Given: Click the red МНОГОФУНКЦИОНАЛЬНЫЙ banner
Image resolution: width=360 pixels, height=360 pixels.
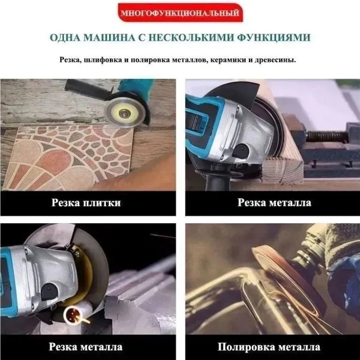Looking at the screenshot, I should tap(180, 13).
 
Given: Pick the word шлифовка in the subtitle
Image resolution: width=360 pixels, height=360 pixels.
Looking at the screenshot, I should tap(101, 60).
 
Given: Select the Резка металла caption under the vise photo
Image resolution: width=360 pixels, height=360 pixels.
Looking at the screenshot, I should tap(274, 202).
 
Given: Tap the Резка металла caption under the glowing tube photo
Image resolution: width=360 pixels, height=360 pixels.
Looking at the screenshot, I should tap(86, 347).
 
